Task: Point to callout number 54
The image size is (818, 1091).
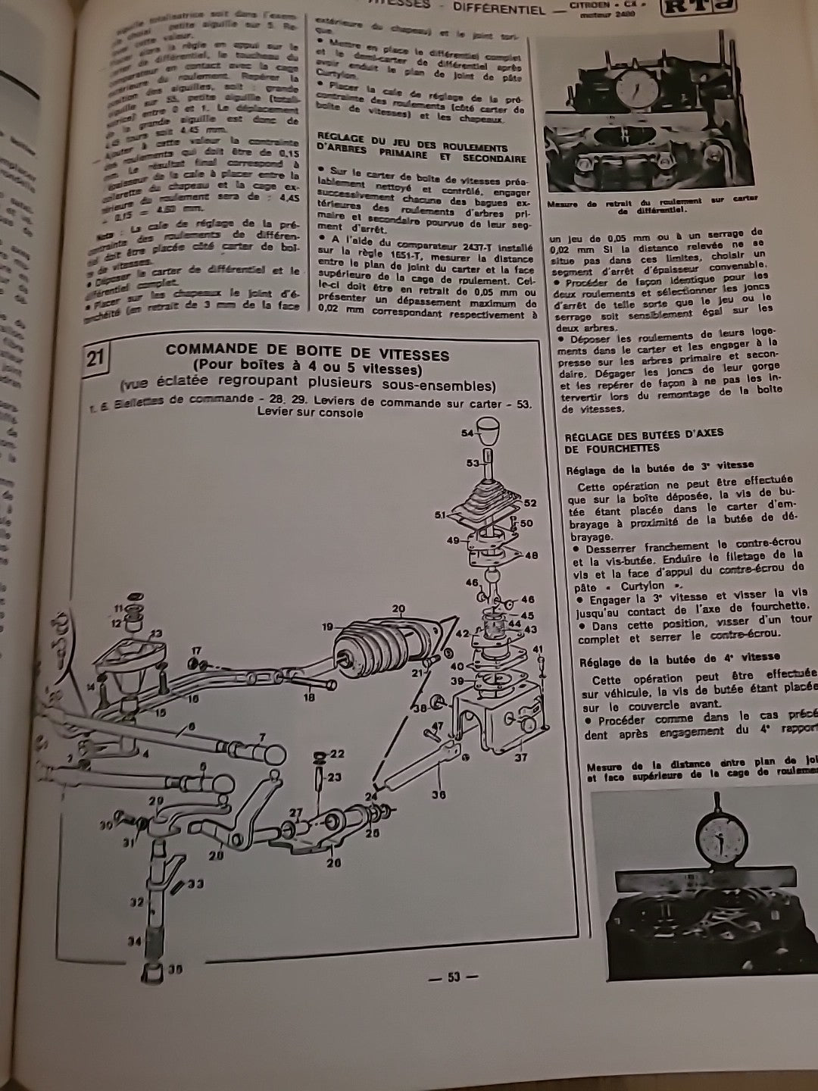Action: click(x=468, y=432)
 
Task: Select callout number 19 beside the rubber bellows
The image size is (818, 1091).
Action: click(x=327, y=626)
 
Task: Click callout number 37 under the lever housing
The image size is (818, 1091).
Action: click(x=520, y=757)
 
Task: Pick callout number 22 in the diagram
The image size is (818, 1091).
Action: click(x=337, y=754)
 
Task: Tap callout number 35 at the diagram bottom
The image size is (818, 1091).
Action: click(x=176, y=968)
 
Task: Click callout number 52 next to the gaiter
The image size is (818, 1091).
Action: click(x=529, y=503)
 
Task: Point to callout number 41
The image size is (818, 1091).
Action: click(x=538, y=649)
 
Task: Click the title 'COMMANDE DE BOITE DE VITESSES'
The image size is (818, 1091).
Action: click(x=307, y=355)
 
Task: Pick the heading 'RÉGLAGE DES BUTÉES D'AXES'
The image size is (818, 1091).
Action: click(x=643, y=433)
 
